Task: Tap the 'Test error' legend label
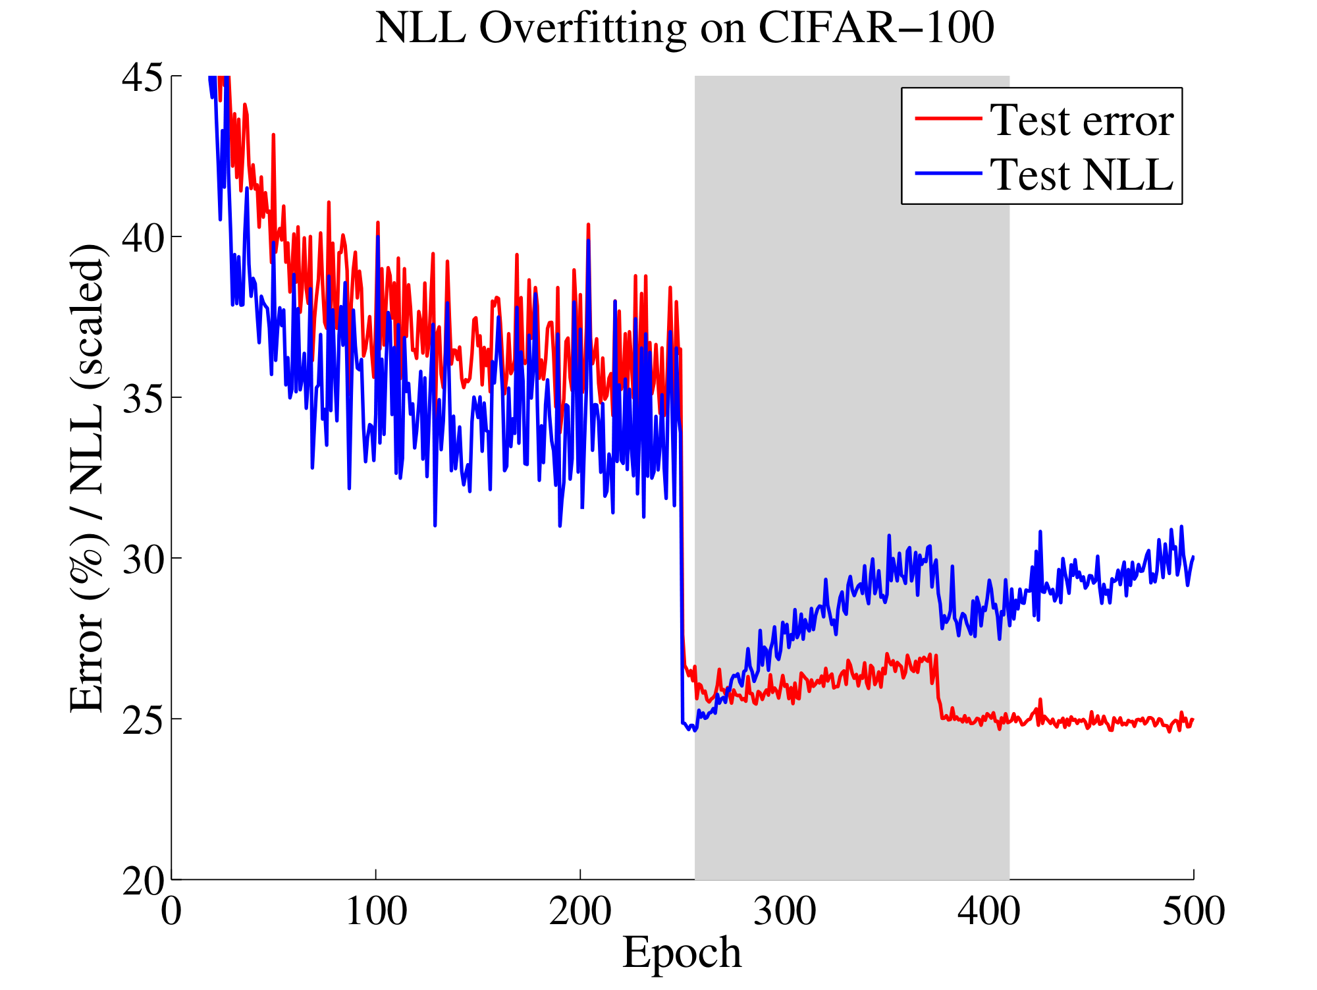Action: point(1082,121)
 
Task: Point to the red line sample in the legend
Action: point(948,119)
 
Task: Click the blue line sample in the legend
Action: point(948,173)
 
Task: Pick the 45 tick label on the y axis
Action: point(142,78)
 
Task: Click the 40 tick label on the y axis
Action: point(142,238)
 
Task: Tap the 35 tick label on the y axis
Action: point(142,399)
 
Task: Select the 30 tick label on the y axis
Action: point(142,560)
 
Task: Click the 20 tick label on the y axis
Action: point(142,881)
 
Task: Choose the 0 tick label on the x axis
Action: point(172,912)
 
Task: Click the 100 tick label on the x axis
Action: point(376,912)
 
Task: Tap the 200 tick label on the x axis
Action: point(580,912)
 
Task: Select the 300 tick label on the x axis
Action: point(785,912)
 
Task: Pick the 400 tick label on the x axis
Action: point(989,912)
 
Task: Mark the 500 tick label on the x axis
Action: point(1193,912)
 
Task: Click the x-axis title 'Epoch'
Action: point(682,952)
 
